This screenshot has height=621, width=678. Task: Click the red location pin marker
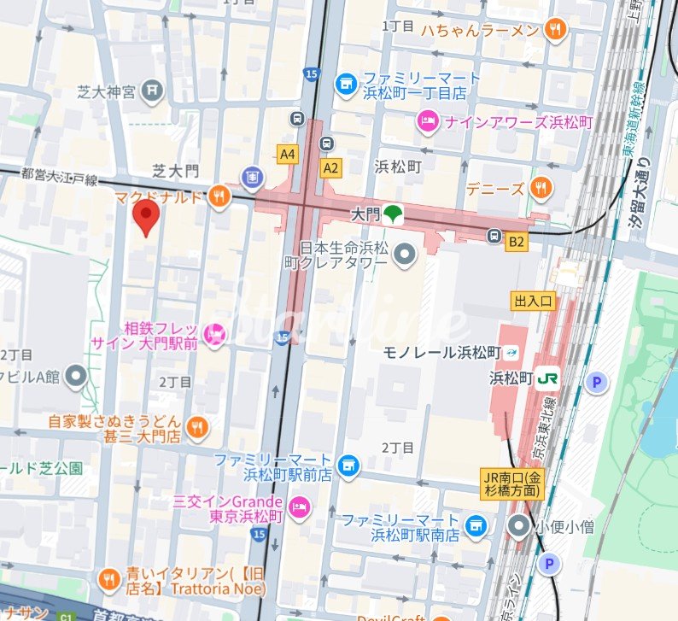tap(146, 219)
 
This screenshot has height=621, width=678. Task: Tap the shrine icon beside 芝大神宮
tap(152, 88)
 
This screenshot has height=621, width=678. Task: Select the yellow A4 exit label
tap(288, 155)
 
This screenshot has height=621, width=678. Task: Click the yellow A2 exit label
tap(330, 168)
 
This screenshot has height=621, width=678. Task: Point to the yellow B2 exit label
tap(516, 243)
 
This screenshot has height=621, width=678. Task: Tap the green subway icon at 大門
tap(393, 214)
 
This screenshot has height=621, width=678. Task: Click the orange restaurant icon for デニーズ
tap(539, 186)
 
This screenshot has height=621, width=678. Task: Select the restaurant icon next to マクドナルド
tap(219, 196)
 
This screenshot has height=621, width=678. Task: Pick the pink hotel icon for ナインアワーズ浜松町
tap(425, 122)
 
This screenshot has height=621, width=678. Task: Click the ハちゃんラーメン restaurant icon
tap(556, 30)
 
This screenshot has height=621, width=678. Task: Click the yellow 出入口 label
tap(534, 301)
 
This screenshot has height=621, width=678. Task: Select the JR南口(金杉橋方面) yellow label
tap(510, 485)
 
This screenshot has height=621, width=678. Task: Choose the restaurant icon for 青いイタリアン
tap(108, 581)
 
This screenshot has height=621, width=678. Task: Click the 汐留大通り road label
tap(641, 191)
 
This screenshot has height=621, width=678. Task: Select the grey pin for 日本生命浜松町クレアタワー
tap(406, 254)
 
